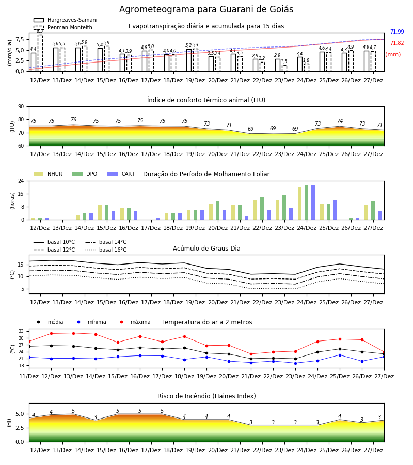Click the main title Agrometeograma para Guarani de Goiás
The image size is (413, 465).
pyautogui.click(x=206, y=9)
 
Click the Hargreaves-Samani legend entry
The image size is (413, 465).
pyautogui.click(x=65, y=20)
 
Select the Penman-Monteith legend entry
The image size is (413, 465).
pyautogui.click(x=63, y=27)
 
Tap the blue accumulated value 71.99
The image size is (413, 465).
pyautogui.click(x=397, y=32)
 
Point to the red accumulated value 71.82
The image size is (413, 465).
pyautogui.click(x=397, y=43)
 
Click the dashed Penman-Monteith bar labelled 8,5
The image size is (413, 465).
pyautogui.click(x=40, y=53)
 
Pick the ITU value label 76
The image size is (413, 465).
pyautogui.click(x=73, y=119)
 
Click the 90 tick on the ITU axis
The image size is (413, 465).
pyautogui.click(x=21, y=107)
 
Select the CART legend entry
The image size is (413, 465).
pyautogui.click(x=121, y=174)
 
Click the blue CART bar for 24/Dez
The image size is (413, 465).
pyautogui.click(x=313, y=203)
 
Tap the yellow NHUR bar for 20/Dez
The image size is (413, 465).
pyautogui.click(x=211, y=212)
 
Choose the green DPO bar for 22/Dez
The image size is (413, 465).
pyautogui.click(x=262, y=209)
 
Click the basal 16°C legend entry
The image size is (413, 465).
pyautogui.click(x=106, y=250)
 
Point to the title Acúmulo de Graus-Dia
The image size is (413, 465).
pyautogui.click(x=206, y=249)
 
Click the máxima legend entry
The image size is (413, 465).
pyautogui.click(x=134, y=322)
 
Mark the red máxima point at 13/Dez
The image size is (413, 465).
pyautogui.click(x=73, y=333)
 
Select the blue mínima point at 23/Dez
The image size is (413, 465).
pyautogui.click(x=295, y=363)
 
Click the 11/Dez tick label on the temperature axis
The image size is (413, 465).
pyautogui.click(x=29, y=376)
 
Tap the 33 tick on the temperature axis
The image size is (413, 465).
pyautogui.click(x=21, y=331)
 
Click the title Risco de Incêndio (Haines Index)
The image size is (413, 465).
pyautogui.click(x=206, y=396)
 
